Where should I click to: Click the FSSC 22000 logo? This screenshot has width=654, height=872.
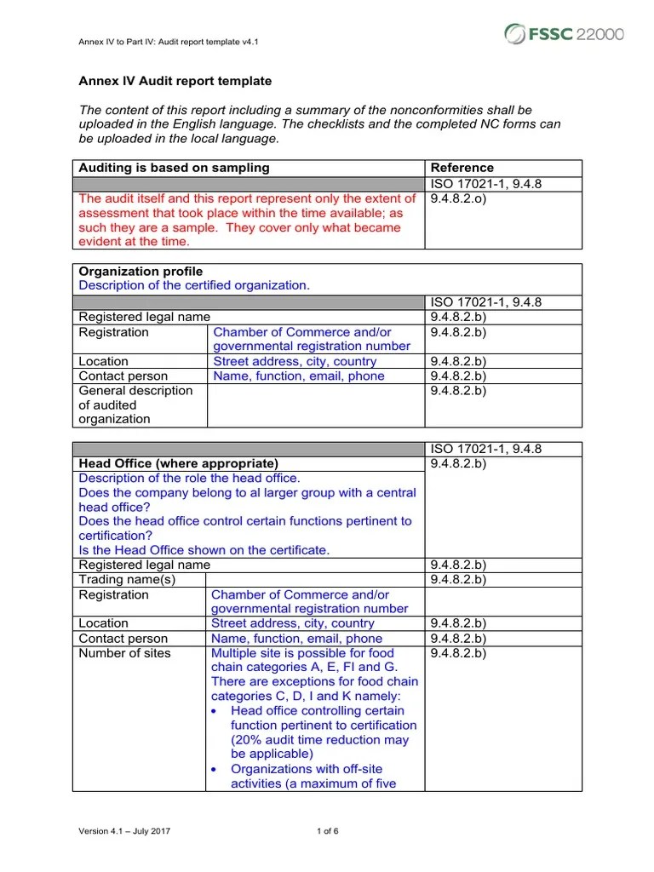click(x=564, y=34)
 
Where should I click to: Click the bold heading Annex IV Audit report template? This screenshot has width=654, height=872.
click(x=175, y=82)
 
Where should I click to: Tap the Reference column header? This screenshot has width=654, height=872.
click(x=462, y=168)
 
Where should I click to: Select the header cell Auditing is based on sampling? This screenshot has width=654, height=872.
click(x=174, y=168)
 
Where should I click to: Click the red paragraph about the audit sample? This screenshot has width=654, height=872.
click(x=241, y=220)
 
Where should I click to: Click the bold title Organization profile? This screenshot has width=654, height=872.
click(x=141, y=272)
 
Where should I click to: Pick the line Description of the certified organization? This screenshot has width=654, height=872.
click(x=194, y=285)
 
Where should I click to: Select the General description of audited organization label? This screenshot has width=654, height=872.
click(x=136, y=404)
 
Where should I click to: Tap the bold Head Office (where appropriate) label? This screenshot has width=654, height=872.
click(x=178, y=463)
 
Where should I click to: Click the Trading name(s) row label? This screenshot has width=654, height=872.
click(x=127, y=579)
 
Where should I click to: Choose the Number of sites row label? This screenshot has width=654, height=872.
click(x=124, y=653)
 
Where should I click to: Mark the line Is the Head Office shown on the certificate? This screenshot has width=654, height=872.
click(x=204, y=550)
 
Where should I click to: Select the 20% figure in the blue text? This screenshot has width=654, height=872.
click(x=248, y=740)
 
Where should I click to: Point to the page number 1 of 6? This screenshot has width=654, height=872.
click(x=327, y=831)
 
